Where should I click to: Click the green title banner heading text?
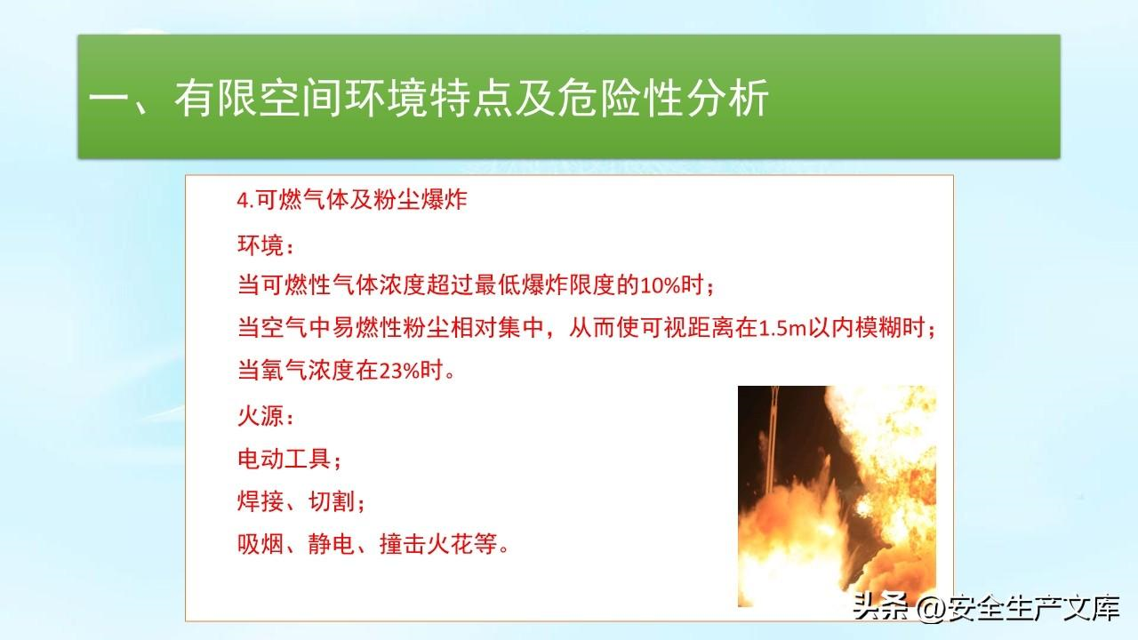click(x=429, y=98)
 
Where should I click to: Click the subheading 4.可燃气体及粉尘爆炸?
click(x=351, y=200)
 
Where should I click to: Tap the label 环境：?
click(x=266, y=245)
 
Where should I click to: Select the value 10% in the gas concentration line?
click(x=660, y=285)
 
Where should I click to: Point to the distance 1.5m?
click(x=782, y=328)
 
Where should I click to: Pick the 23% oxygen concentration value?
click(x=399, y=371)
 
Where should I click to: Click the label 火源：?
click(x=266, y=417)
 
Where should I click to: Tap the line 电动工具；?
click(x=290, y=460)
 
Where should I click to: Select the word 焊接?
click(x=260, y=502)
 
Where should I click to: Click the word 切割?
click(x=332, y=502)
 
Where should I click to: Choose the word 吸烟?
click(x=260, y=544)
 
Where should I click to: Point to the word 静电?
click(x=332, y=544)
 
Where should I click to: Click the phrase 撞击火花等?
click(x=438, y=544)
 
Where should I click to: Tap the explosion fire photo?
click(x=837, y=496)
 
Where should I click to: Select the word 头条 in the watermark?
click(x=880, y=607)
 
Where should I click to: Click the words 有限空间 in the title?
click(x=258, y=98)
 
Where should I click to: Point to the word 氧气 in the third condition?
click(x=284, y=371)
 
